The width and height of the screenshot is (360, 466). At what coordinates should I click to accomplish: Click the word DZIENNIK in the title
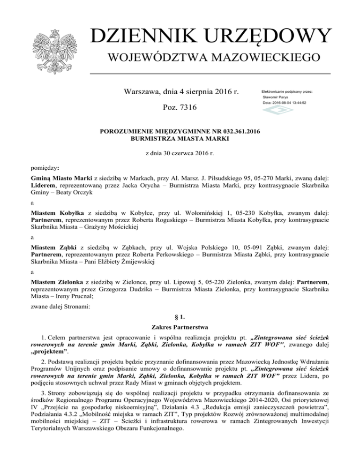point(142,37)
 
